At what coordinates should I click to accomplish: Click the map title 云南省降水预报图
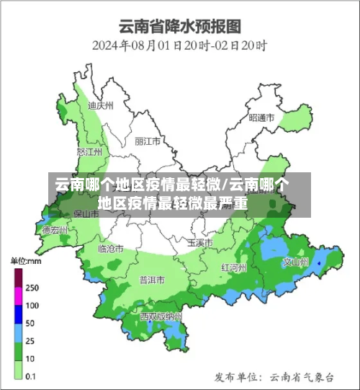(x=179, y=26)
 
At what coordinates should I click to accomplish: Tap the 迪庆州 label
(x=101, y=105)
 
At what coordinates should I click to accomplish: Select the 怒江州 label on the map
(x=89, y=152)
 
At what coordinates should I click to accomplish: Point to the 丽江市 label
(x=147, y=141)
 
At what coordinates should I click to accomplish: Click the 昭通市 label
(x=261, y=118)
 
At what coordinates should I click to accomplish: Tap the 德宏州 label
(x=55, y=231)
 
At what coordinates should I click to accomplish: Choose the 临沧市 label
(x=111, y=248)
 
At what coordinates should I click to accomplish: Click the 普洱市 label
(x=152, y=279)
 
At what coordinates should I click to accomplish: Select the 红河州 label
(x=234, y=267)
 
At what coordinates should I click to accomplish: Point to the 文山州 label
(x=295, y=262)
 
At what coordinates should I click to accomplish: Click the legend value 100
(x=32, y=305)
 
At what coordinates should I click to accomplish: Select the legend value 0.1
(x=32, y=376)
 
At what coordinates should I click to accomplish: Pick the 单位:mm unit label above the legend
(x=24, y=260)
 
